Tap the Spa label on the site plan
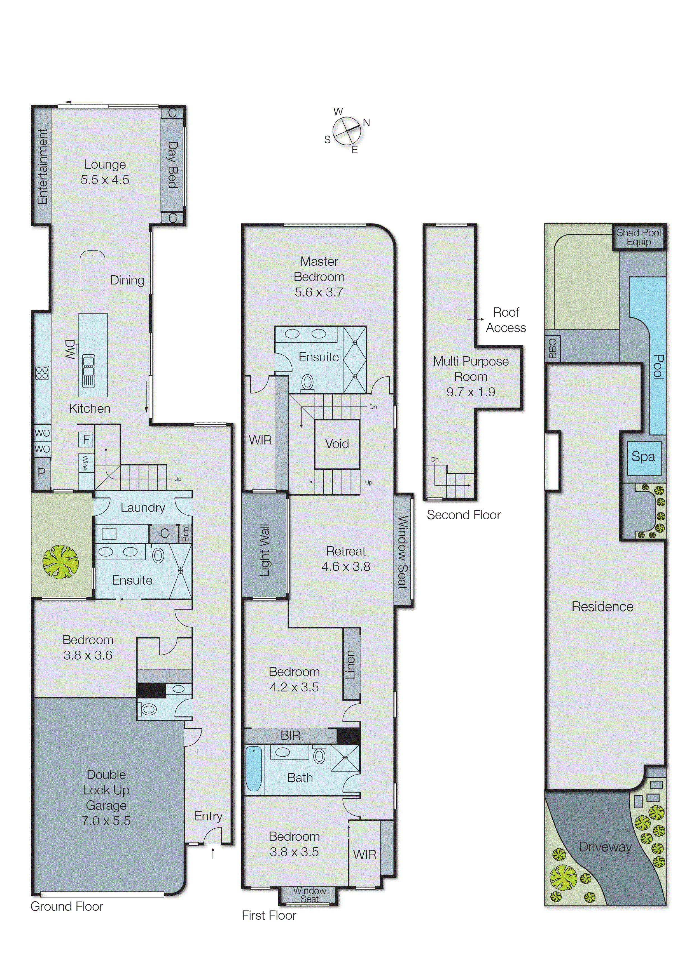[643, 457]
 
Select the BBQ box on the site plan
[553, 348]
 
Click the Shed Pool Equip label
[639, 237]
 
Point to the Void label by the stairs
[337, 444]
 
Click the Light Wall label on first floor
[265, 550]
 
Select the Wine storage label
[85, 463]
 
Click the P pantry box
[41, 473]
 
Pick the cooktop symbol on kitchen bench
[42, 373]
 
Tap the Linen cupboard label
[351, 664]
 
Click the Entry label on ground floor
[208, 816]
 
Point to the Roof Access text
[506, 320]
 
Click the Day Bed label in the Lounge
[172, 165]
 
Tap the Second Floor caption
[463, 515]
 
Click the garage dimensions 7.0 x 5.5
[106, 821]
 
